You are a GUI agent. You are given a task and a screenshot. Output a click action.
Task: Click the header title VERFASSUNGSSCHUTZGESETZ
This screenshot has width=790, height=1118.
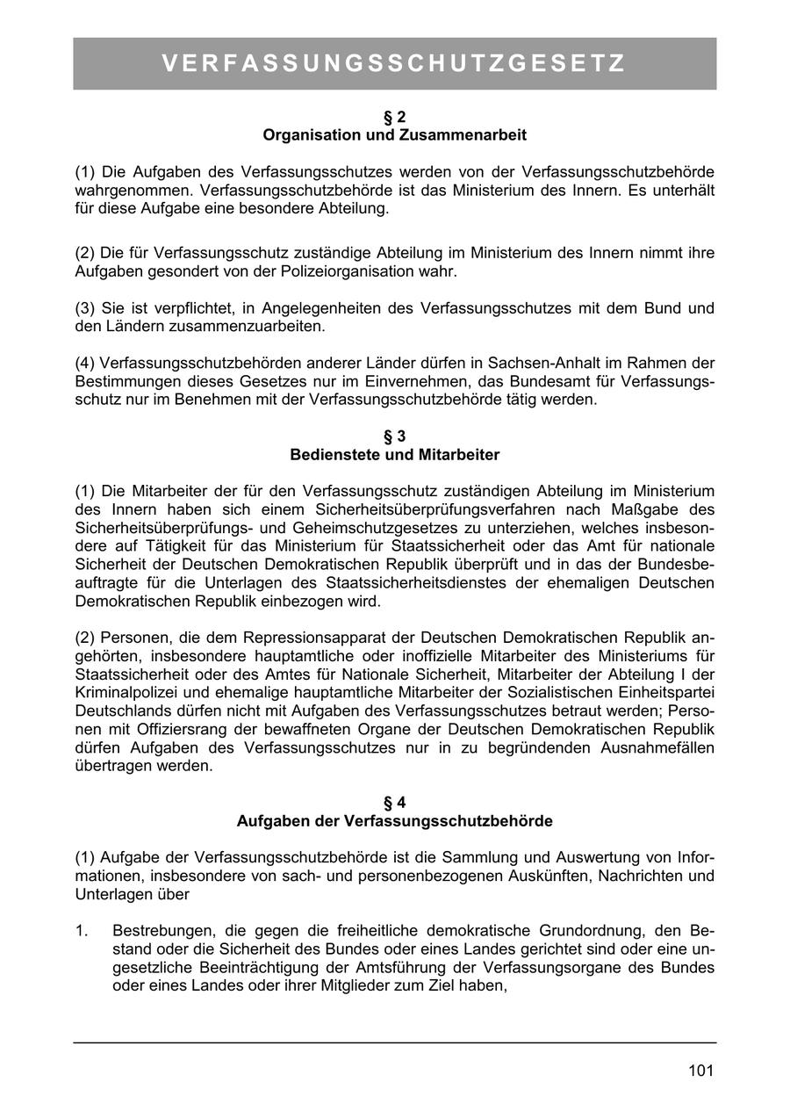tap(394, 63)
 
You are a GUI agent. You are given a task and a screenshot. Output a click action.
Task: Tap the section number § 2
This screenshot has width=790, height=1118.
tap(395, 117)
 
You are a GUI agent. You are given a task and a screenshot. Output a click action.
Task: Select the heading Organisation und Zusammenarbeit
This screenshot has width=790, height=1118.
tap(395, 135)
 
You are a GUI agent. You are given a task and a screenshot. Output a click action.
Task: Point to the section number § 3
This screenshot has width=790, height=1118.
tap(395, 436)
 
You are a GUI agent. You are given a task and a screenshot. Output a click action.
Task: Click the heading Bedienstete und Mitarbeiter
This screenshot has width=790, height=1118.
tap(395, 455)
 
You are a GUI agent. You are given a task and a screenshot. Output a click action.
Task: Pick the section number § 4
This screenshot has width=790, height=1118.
tap(395, 803)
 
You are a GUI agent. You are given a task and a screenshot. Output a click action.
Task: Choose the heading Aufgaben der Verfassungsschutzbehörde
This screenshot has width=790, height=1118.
tap(395, 821)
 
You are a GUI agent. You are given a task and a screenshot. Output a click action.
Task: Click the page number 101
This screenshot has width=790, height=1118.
tap(700, 1071)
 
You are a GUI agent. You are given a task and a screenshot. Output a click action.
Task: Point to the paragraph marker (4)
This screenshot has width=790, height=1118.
tap(85, 363)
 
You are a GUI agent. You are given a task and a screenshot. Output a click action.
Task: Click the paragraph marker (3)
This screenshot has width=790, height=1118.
tap(85, 308)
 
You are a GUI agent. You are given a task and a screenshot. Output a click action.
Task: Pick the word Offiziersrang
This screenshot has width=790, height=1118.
tap(190, 729)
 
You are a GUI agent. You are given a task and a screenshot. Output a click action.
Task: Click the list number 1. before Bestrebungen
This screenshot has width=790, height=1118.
tap(83, 930)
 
